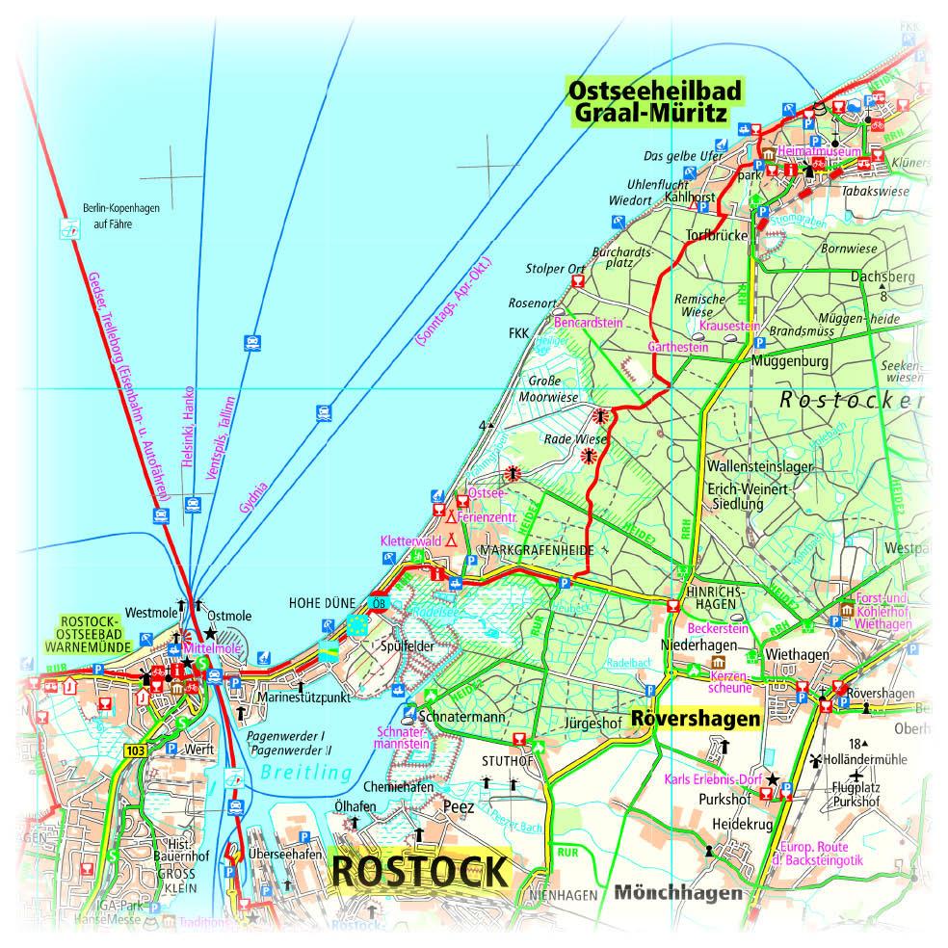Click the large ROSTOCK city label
tap(419, 871)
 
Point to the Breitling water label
tap(305, 773)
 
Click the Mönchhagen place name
tap(676, 892)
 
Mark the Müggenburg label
tap(788, 361)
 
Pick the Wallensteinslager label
tap(759, 466)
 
